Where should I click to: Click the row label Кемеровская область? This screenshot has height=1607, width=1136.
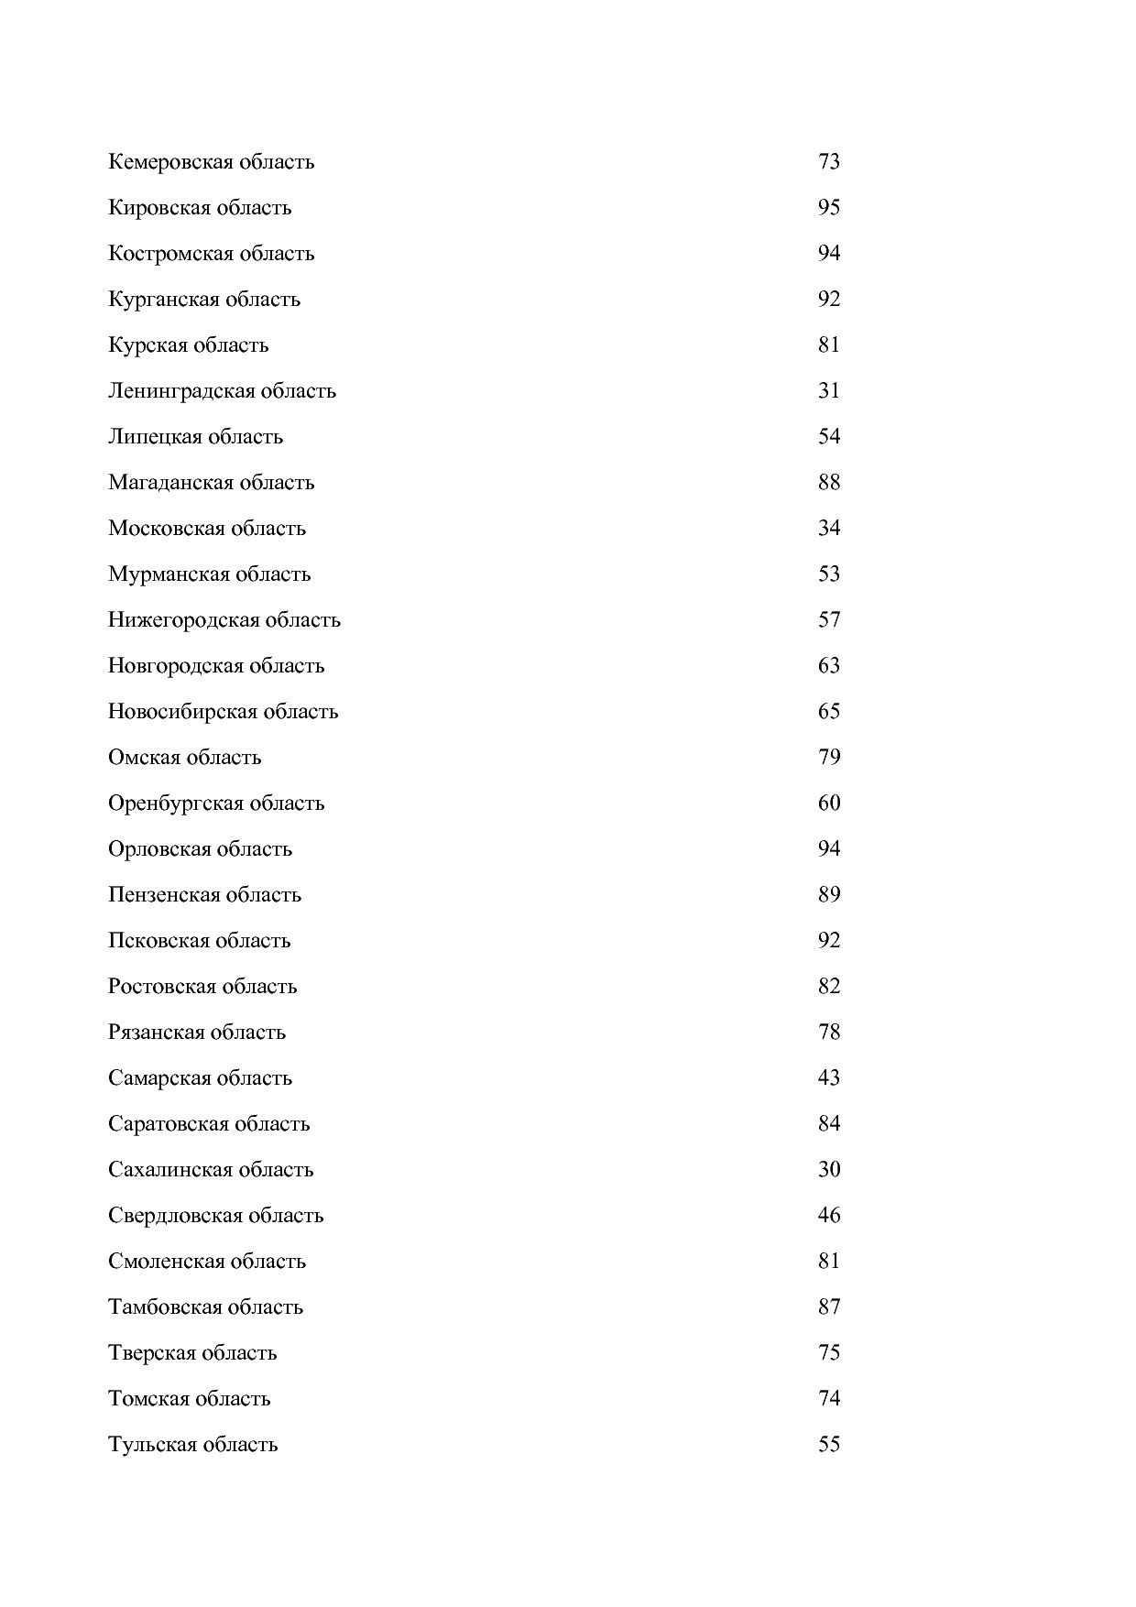211,162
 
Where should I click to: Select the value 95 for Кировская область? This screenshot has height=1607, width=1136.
828,208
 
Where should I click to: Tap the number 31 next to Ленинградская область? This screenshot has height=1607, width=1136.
828,391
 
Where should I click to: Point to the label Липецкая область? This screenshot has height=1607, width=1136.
195,437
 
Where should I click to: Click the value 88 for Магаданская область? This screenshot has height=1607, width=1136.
828,483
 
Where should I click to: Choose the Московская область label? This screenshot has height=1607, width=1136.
207,529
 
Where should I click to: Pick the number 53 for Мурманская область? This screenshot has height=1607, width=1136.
828,574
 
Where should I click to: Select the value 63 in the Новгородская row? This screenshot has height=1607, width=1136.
828,666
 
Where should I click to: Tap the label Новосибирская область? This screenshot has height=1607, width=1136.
223,712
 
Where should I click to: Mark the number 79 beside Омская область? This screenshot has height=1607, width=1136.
828,758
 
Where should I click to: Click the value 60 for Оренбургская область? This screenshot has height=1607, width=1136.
828,803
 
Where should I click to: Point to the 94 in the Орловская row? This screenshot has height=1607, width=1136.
828,849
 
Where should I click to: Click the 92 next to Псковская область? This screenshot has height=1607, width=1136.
828,941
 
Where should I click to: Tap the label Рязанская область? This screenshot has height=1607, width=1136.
197,1033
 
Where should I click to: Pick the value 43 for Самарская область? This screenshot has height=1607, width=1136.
828,1078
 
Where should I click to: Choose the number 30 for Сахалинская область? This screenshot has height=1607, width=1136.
828,1170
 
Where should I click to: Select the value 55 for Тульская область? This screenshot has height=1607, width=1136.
828,1445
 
